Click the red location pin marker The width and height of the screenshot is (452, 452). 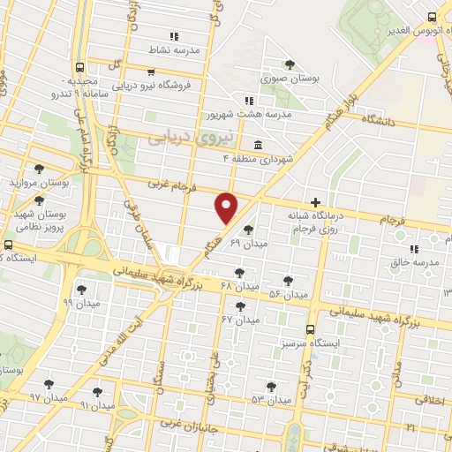[227, 207]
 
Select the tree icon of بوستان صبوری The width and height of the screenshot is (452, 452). [290, 64]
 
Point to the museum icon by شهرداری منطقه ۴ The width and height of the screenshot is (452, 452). [258, 145]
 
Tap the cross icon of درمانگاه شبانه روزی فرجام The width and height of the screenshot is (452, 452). [316, 202]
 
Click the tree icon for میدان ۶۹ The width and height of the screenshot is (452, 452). [246, 229]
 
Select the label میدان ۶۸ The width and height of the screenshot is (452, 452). [239, 288]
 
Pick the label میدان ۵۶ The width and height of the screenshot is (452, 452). [288, 294]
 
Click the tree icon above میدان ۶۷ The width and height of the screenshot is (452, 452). [239, 305]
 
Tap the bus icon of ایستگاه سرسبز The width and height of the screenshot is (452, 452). [309, 328]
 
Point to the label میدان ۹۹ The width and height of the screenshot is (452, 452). [80, 302]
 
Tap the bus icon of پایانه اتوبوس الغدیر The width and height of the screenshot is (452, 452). [432, 17]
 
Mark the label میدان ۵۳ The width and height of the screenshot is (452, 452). [270, 400]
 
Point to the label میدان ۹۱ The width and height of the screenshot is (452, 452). [98, 406]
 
